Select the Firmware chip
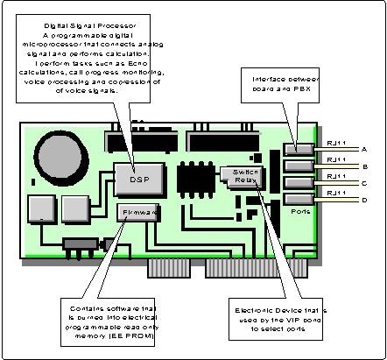click(x=135, y=212)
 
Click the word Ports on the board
click(x=304, y=210)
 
